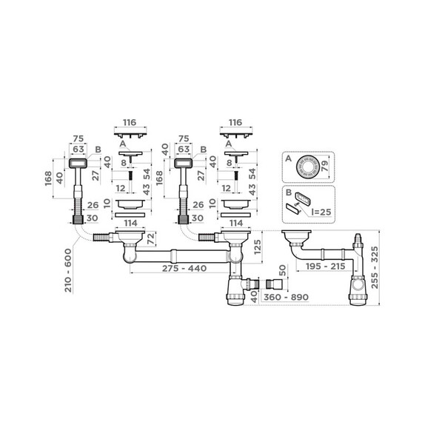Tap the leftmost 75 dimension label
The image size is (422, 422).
point(76,138)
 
